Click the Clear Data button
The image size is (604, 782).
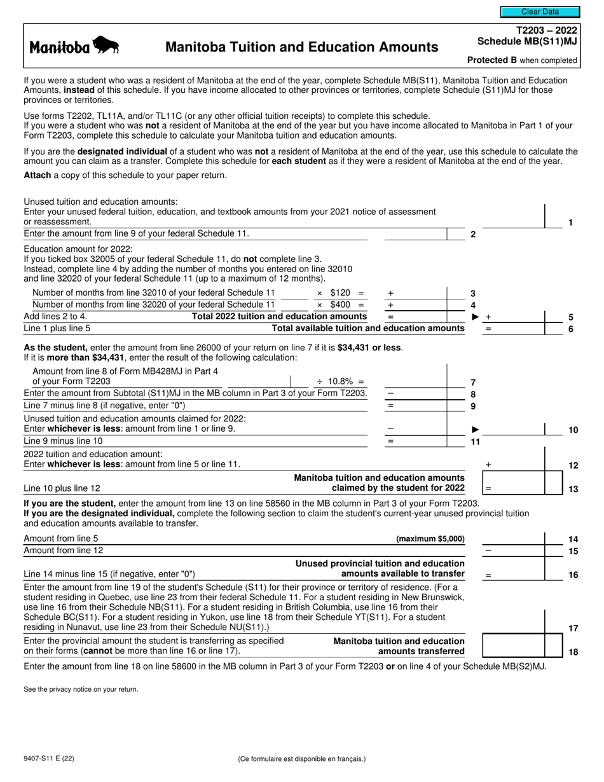click(540, 11)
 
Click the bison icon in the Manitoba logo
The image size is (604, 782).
click(106, 46)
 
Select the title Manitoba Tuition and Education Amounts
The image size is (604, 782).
click(301, 47)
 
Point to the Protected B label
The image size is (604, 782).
click(523, 60)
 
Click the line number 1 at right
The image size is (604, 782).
click(571, 223)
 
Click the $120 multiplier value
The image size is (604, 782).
click(340, 293)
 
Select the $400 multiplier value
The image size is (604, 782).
click(340, 305)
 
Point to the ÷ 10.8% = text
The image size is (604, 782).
click(340, 381)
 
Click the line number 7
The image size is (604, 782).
click(473, 382)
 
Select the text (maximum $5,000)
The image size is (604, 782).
click(430, 538)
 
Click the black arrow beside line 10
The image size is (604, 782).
click(474, 430)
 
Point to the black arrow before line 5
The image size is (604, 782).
click(474, 317)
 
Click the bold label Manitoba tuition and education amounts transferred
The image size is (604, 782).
click(399, 646)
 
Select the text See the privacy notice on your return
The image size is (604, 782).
click(81, 689)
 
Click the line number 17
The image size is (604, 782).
click(573, 628)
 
